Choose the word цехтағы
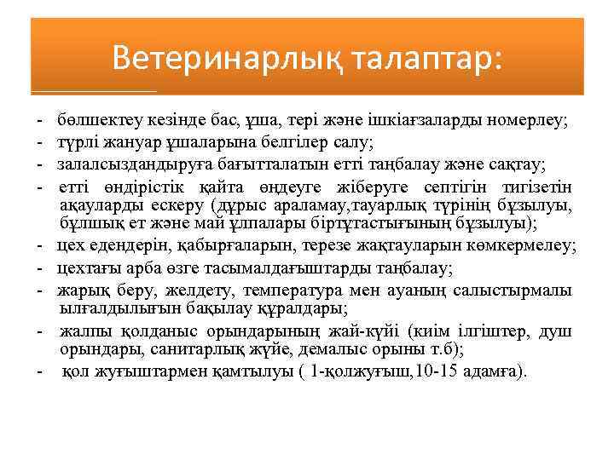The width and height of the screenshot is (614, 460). (x=90, y=269)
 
